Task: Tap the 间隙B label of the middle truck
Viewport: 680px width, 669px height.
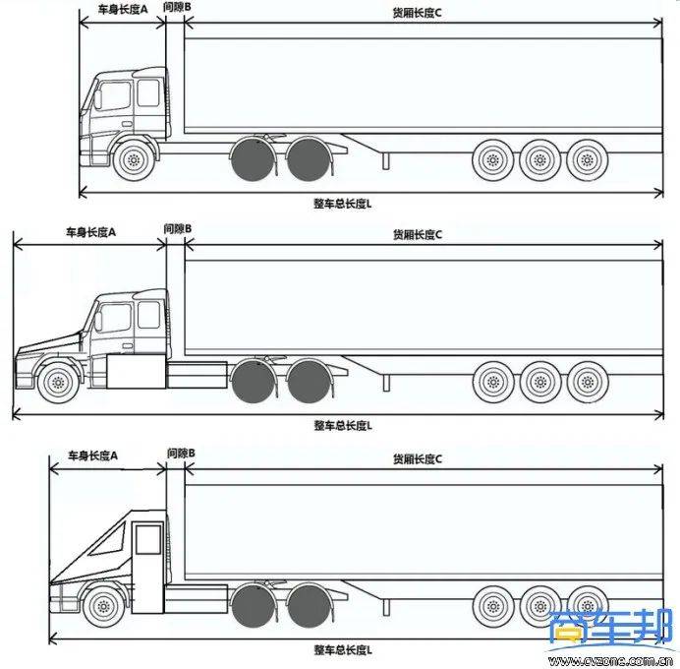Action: [177, 229]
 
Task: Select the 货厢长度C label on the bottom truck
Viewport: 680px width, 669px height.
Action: [419, 458]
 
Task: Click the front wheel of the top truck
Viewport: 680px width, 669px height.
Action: [133, 159]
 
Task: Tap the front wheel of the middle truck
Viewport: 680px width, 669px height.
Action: [58, 382]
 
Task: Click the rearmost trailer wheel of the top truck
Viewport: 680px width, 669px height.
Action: [586, 159]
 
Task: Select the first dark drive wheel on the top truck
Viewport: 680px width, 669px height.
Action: [252, 159]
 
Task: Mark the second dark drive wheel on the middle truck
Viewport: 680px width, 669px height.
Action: [310, 382]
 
